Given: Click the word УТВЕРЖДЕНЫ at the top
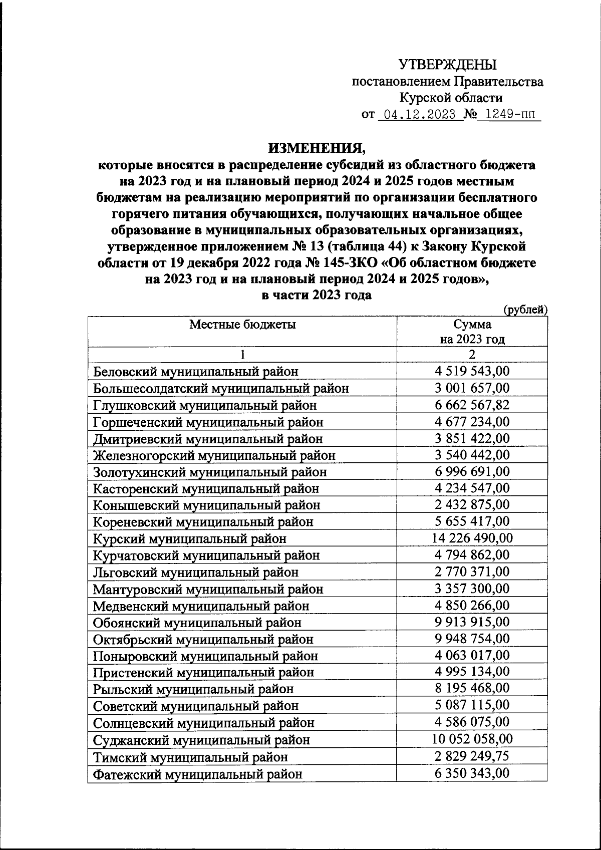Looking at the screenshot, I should tap(447, 65).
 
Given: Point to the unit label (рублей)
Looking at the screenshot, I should tap(525, 310).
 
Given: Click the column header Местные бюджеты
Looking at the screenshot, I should tap(242, 324).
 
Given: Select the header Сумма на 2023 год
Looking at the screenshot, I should tap(472, 332).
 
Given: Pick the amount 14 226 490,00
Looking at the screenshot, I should tap(472, 538).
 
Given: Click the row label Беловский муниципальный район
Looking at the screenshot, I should tap(196, 372).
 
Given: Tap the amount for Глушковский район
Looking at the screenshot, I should tap(472, 405).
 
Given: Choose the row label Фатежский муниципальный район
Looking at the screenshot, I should tap(198, 774).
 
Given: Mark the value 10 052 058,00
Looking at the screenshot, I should tap(472, 739).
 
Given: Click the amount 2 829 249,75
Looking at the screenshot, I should tap(472, 756).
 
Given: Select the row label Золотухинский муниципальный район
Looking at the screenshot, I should tap(210, 472).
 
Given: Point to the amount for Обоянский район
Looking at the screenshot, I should tap(472, 622).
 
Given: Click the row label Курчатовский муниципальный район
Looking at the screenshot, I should tap(206, 555).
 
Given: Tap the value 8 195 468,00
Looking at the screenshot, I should tap(472, 689).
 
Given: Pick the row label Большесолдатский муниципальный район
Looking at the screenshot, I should tap(221, 388).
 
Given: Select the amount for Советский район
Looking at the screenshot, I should tap(472, 705).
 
